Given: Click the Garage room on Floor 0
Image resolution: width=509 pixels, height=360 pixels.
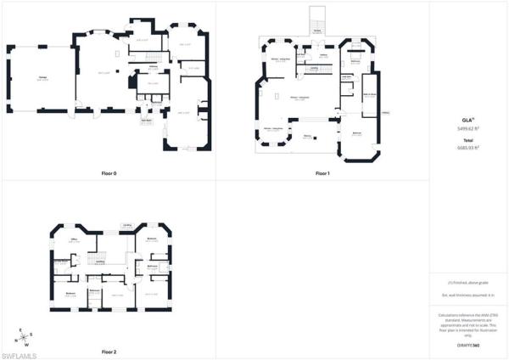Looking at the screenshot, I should click(x=42, y=78).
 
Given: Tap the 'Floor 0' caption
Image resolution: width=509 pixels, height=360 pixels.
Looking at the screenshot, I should click(x=109, y=173).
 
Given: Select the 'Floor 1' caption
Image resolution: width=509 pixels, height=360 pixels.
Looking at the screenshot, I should click(x=322, y=173).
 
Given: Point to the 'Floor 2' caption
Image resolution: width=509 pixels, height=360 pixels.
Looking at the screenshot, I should click(x=109, y=351).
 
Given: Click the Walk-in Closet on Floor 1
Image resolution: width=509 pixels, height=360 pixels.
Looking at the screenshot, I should click(x=370, y=96).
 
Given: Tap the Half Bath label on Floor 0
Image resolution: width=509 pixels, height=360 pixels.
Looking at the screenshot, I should click(x=146, y=120).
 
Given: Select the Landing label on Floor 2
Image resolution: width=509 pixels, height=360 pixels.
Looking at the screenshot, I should click(x=100, y=262).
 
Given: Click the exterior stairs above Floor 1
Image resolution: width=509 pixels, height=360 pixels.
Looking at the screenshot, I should click(x=317, y=19).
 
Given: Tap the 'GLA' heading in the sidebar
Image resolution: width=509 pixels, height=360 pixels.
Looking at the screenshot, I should click(x=467, y=121).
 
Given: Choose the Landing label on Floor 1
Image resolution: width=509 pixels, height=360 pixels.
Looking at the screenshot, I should click(x=314, y=67).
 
